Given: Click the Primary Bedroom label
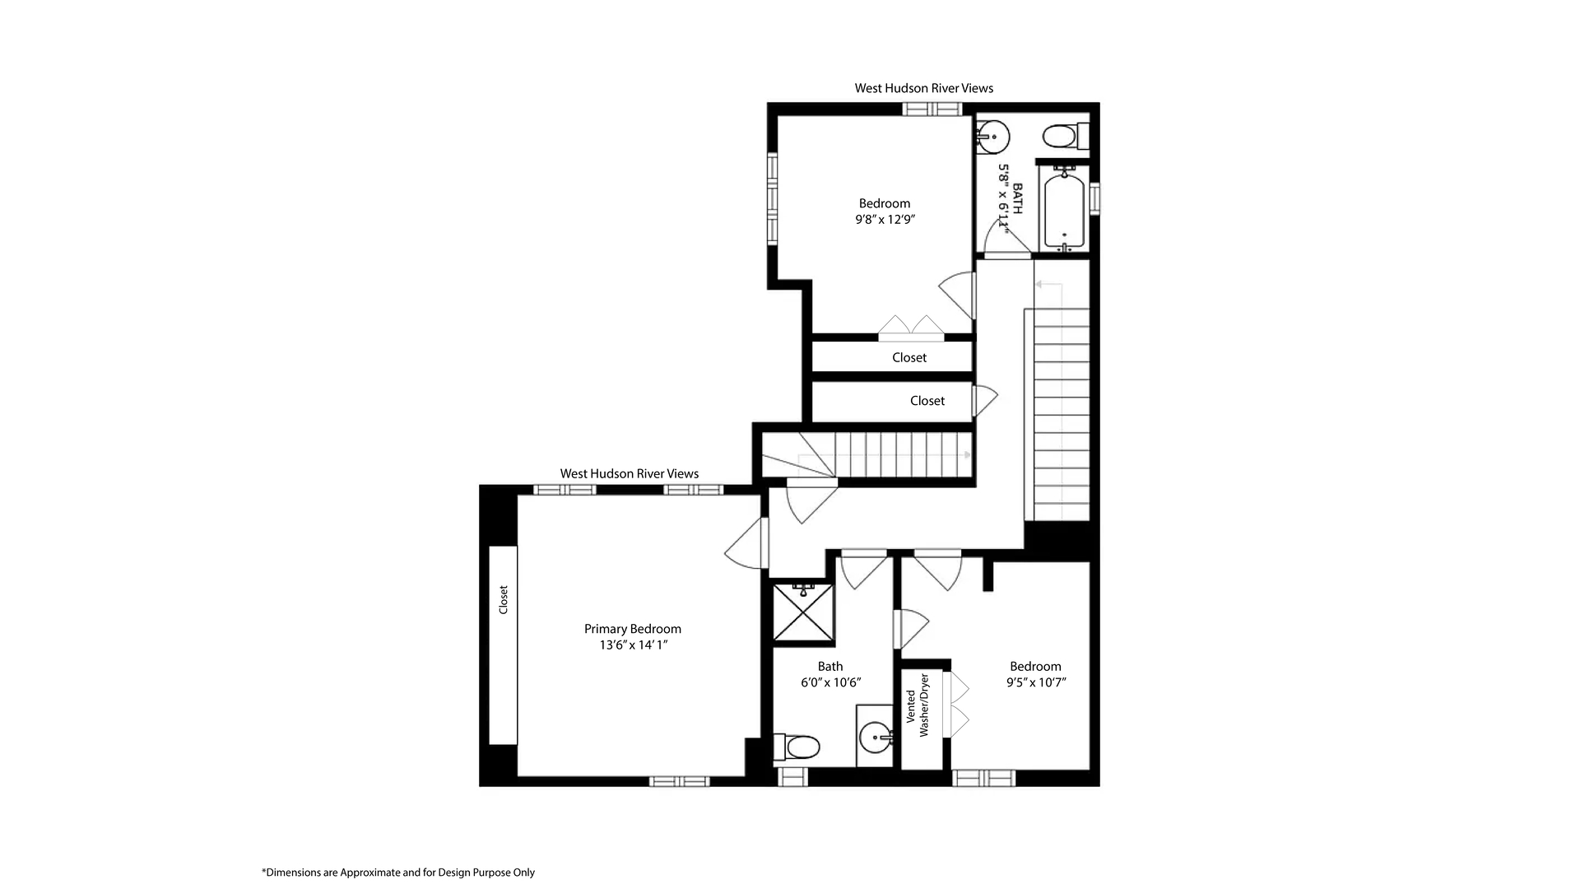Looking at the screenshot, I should point(632,629).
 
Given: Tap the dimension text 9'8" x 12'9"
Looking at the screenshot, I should point(885,220).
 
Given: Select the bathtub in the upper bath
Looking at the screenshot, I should point(1065,209).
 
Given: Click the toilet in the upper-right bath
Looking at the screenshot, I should point(1062,136).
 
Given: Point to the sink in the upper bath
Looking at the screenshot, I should point(993,136).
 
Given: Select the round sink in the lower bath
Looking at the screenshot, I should point(876,736).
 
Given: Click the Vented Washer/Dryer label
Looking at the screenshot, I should point(917,706).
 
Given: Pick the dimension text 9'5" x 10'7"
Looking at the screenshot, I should point(1035,682).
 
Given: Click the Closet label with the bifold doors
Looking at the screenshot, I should point(908,358).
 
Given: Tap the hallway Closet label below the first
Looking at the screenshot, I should point(927,401).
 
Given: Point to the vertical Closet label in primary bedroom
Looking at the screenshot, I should point(504,599).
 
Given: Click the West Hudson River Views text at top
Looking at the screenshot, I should point(923,88).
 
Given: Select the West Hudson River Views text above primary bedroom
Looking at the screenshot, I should point(629,473).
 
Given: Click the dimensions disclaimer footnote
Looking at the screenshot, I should point(398,873).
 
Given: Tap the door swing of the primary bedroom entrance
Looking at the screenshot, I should point(746,545).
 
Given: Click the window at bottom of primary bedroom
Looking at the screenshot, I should point(679,781).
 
